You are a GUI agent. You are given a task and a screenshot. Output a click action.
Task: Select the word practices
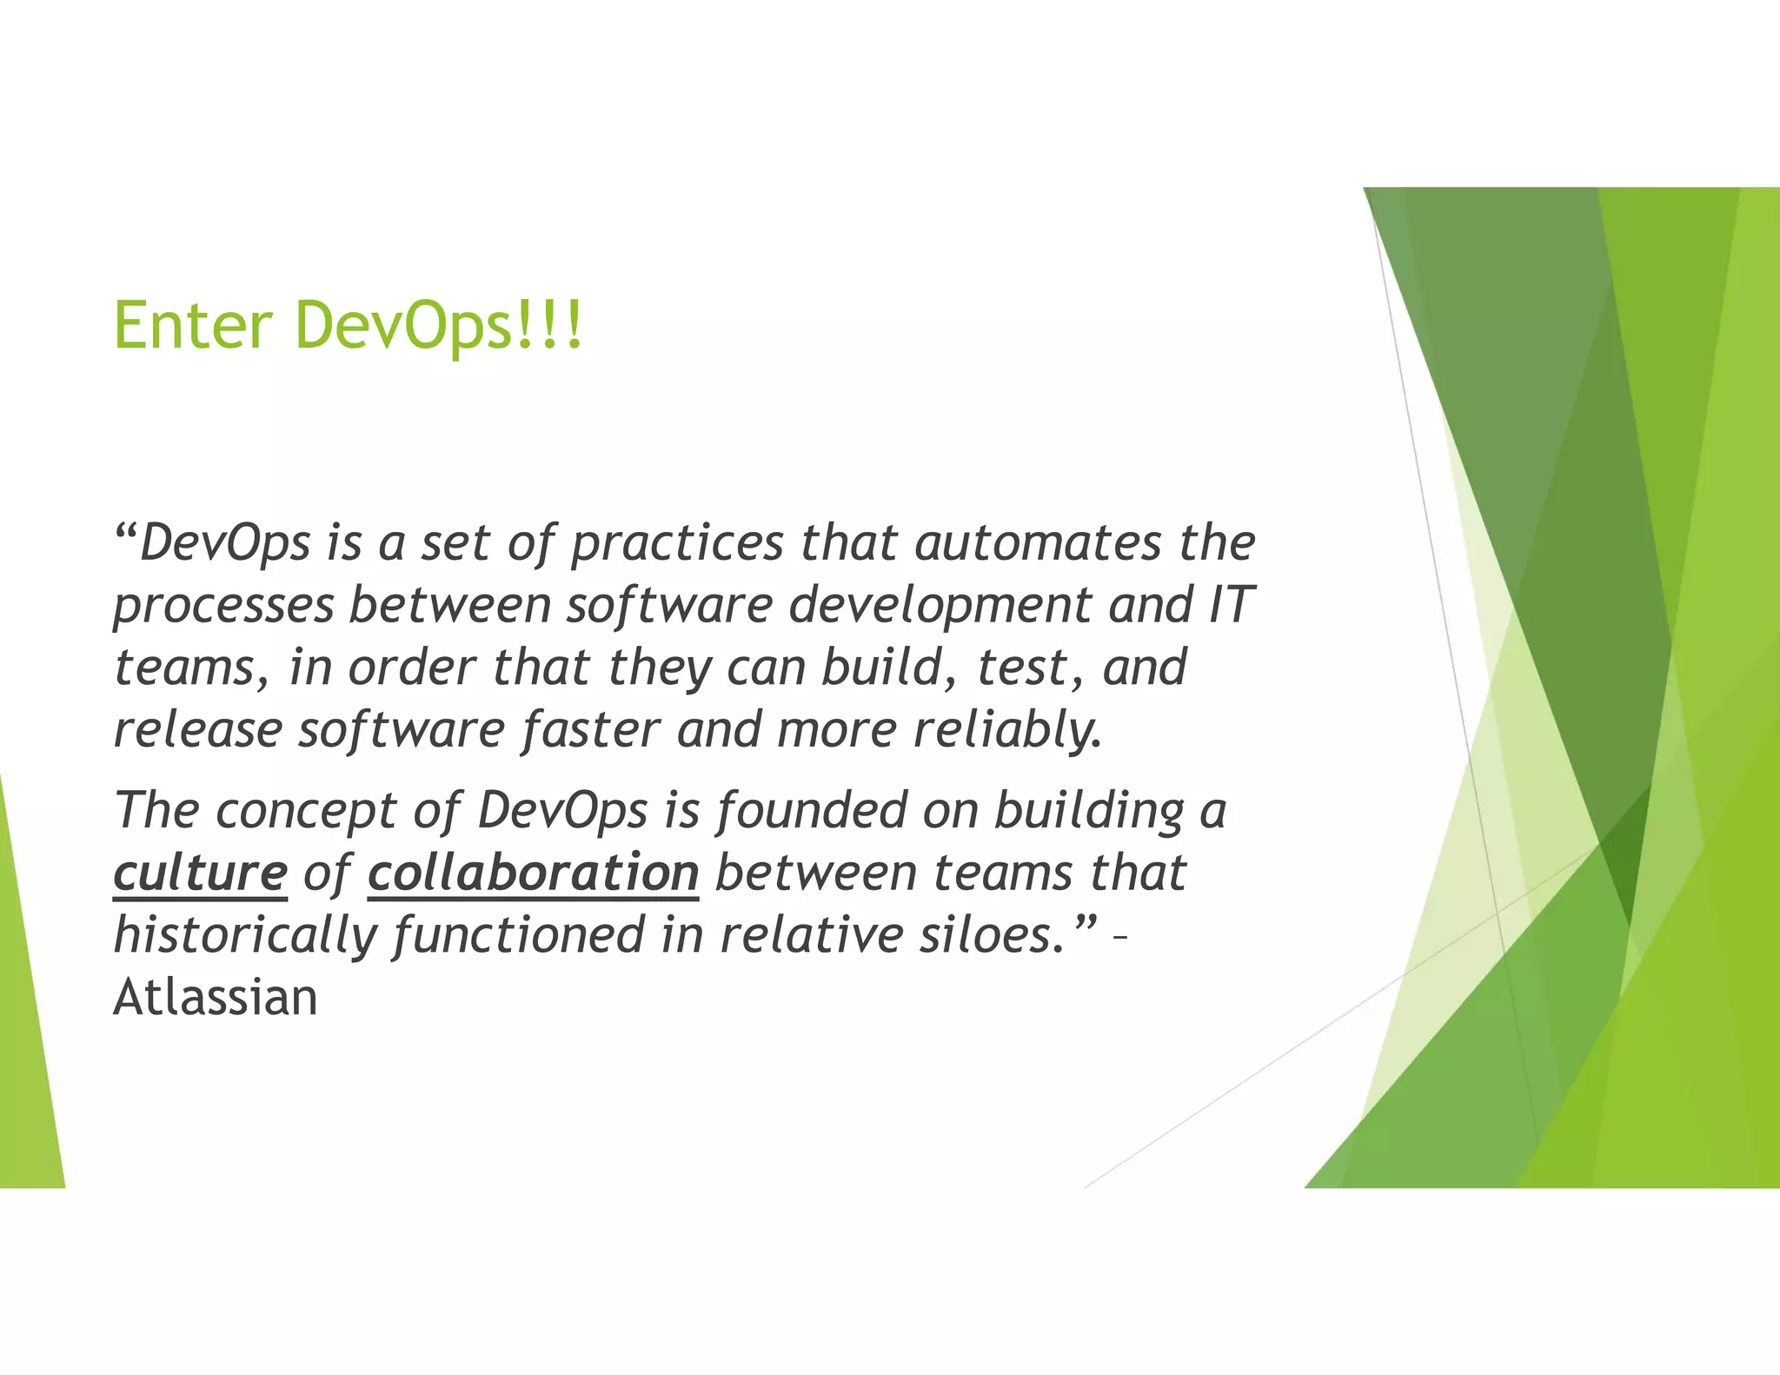(677, 543)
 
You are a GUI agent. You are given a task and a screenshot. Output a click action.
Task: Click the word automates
(1038, 543)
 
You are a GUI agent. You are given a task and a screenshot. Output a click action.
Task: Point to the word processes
(223, 606)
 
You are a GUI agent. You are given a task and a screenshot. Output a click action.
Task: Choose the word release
(198, 729)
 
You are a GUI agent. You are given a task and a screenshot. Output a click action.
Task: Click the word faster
(590, 729)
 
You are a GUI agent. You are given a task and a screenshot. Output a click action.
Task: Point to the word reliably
(1007, 729)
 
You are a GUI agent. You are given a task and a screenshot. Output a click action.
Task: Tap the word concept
(305, 811)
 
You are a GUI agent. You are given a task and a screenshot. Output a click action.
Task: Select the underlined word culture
(200, 873)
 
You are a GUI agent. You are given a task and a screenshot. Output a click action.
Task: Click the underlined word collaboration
(533, 873)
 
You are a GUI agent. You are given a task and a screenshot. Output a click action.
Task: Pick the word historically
(246, 935)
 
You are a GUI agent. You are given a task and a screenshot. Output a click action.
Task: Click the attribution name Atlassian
(216, 997)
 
